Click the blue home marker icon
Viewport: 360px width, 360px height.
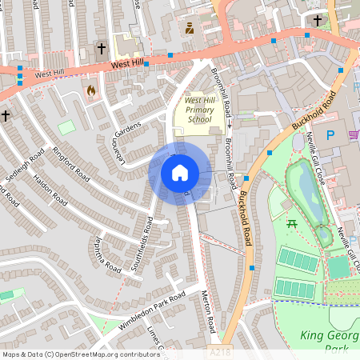click(180, 172)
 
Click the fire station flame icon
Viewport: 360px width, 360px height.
click(90, 91)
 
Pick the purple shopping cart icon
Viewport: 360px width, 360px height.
click(354, 134)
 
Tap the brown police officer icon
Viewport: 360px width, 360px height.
click(190, 29)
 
